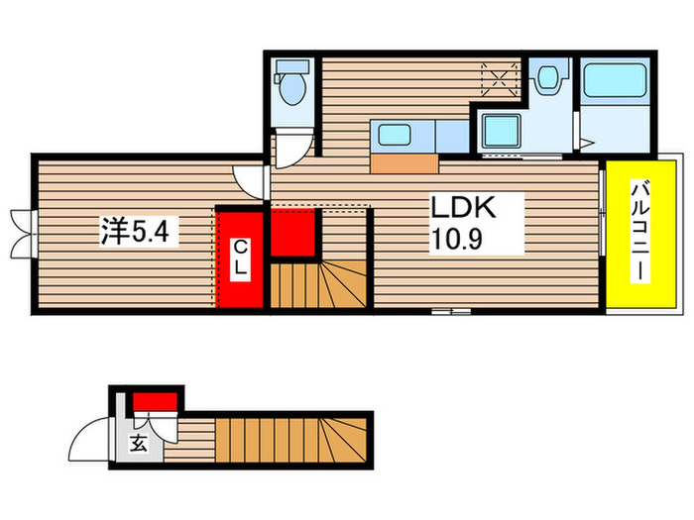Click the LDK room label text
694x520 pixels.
pyautogui.click(x=461, y=209)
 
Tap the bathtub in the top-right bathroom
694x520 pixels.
pyautogui.click(x=615, y=79)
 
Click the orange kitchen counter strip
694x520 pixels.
pyautogui.click(x=405, y=163)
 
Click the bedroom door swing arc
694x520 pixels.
pyautogui.click(x=249, y=180)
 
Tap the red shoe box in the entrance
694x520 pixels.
pyautogui.click(x=155, y=400)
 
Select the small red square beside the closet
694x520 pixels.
pyautogui.click(x=291, y=234)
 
